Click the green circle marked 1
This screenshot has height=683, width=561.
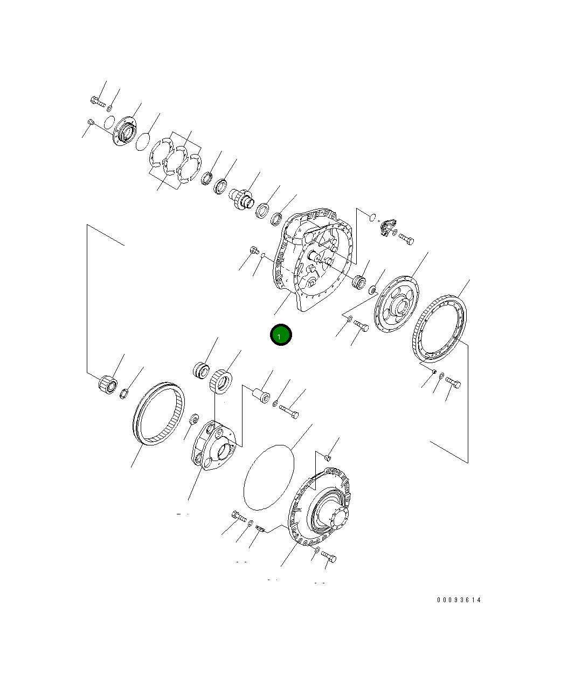click(280, 335)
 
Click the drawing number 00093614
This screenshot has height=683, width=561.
click(459, 600)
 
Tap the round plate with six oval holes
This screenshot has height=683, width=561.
click(396, 304)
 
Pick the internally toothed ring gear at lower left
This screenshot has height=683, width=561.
click(158, 413)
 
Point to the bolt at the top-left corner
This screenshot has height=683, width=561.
click(98, 100)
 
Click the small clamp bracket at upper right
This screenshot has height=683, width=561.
click(386, 227)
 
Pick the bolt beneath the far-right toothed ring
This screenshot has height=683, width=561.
click(453, 383)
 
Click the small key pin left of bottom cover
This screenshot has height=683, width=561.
click(259, 528)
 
